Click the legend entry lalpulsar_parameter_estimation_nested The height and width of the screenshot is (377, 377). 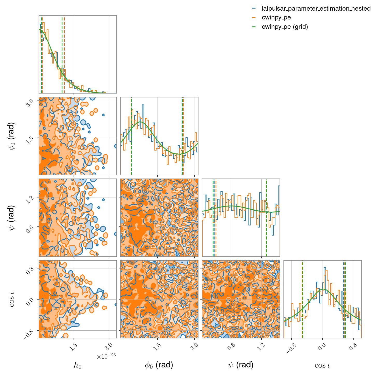point(316,9)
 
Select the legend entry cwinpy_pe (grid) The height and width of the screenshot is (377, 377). point(285,27)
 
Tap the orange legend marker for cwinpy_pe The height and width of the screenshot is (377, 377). point(254,18)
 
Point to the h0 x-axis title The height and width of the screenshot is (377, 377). point(78,365)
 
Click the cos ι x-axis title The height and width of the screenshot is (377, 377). point(322,365)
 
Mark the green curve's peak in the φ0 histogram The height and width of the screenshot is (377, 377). point(140,122)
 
